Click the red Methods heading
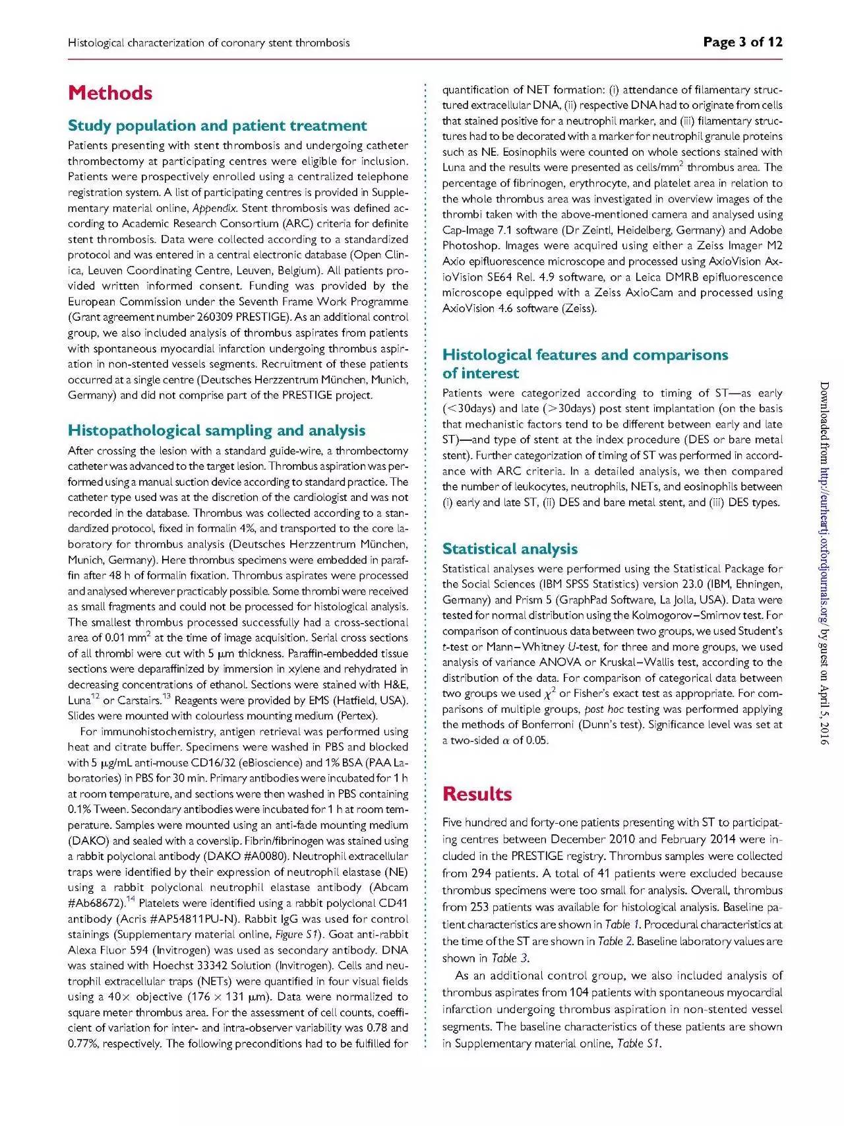click(x=110, y=92)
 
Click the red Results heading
click(x=477, y=793)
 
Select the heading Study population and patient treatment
click(x=217, y=125)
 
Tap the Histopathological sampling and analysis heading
click(x=216, y=430)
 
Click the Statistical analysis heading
click(x=510, y=548)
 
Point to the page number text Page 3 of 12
click(x=742, y=43)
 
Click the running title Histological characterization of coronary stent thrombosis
click(x=208, y=43)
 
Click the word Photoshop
click(x=469, y=246)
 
